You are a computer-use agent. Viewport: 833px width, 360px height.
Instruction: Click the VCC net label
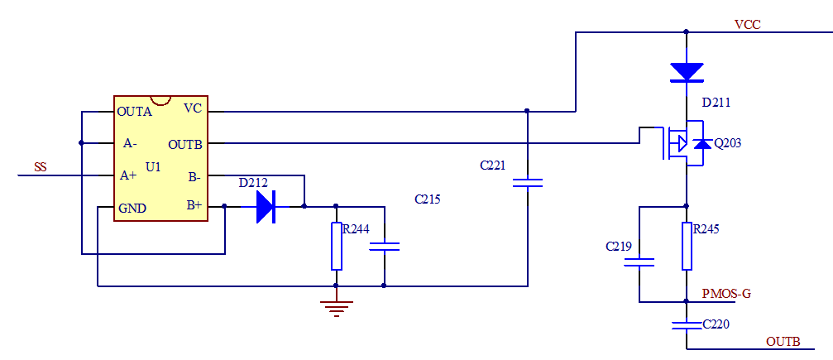747,25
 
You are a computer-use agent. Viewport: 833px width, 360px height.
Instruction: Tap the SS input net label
40,167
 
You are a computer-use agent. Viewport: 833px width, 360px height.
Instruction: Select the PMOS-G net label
725,293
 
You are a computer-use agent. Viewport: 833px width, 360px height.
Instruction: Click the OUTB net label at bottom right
783,341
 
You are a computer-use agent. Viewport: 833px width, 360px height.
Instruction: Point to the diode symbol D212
266,206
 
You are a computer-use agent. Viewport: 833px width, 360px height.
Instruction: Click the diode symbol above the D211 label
686,72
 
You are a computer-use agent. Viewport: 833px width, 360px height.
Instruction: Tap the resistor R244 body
336,246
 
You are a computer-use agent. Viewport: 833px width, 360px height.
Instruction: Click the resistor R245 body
686,246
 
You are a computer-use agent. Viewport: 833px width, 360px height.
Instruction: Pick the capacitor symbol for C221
527,182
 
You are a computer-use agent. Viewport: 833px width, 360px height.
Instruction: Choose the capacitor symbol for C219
639,262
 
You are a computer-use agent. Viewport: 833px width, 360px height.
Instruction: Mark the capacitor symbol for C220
686,324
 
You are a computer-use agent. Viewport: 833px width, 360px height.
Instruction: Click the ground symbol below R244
336,308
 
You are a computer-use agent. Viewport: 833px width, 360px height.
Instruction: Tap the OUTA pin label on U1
134,111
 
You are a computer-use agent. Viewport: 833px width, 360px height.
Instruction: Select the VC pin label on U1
192,108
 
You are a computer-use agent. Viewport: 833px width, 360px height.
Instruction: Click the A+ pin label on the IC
128,175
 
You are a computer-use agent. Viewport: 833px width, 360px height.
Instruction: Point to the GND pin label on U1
132,208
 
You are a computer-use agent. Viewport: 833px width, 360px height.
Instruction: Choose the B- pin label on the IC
194,175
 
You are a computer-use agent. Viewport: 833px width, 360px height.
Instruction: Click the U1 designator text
152,167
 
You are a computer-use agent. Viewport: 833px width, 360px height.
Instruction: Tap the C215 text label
428,199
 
